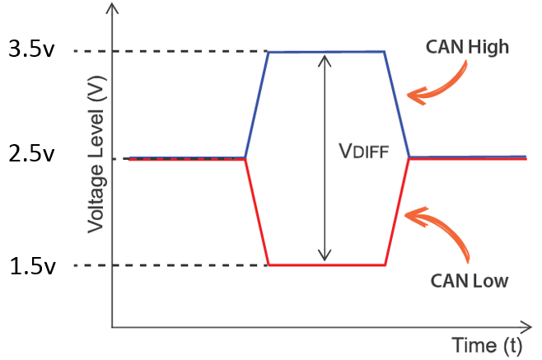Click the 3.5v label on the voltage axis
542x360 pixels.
(x=32, y=51)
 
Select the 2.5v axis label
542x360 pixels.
(x=32, y=156)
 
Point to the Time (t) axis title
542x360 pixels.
(x=486, y=344)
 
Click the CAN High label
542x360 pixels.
(x=467, y=47)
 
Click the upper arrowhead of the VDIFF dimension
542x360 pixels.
(x=326, y=59)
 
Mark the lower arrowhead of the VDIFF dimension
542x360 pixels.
(x=326, y=256)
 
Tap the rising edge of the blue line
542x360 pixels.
(x=256, y=105)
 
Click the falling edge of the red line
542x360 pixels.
(x=257, y=212)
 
